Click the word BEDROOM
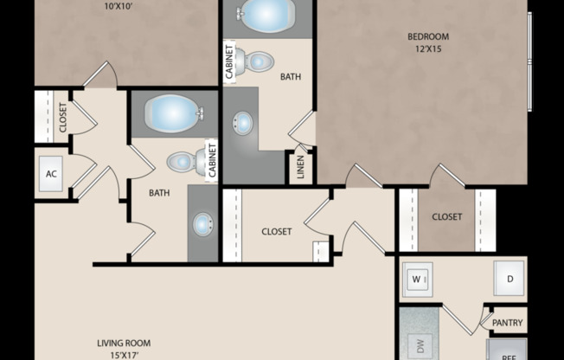click(x=428, y=36)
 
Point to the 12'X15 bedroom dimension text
click(x=428, y=49)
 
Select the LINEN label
click(x=300, y=168)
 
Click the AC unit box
click(x=52, y=174)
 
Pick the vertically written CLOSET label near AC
click(x=63, y=117)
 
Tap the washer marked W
click(x=417, y=280)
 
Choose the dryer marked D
click(x=509, y=279)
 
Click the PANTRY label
click(x=507, y=323)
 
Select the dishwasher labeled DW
click(x=420, y=346)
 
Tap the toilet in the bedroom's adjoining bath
click(x=256, y=61)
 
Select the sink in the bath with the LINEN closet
click(x=243, y=122)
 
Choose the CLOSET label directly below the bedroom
click(x=446, y=216)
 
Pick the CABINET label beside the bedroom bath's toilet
click(x=230, y=62)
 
